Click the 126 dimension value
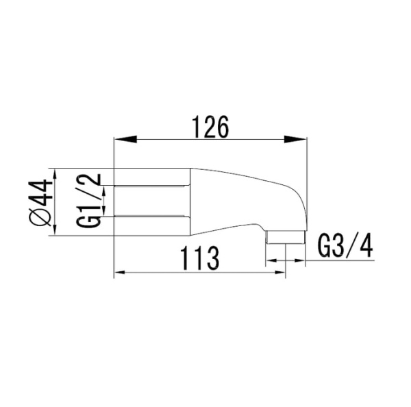(209, 127)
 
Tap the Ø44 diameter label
(42, 202)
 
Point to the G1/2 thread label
(89, 202)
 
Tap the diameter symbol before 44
(42, 219)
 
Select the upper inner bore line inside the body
(151, 186)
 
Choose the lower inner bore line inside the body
(151, 217)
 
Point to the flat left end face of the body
(113, 201)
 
